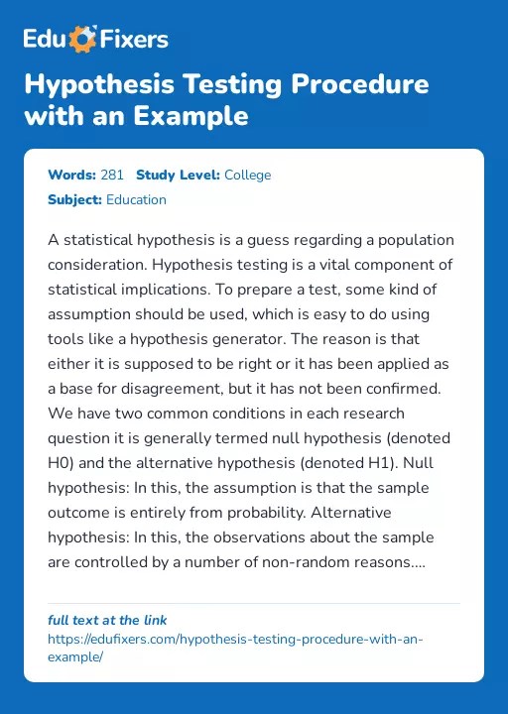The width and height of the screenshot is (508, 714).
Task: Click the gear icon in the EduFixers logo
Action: [85, 40]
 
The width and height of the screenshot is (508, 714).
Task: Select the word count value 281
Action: [112, 176]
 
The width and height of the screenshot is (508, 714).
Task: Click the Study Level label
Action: [178, 176]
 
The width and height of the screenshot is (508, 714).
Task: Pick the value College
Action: [247, 176]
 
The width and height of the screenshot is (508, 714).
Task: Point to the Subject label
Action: [74, 199]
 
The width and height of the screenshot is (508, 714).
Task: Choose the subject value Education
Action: [136, 199]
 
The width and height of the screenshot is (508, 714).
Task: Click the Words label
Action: [71, 176]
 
